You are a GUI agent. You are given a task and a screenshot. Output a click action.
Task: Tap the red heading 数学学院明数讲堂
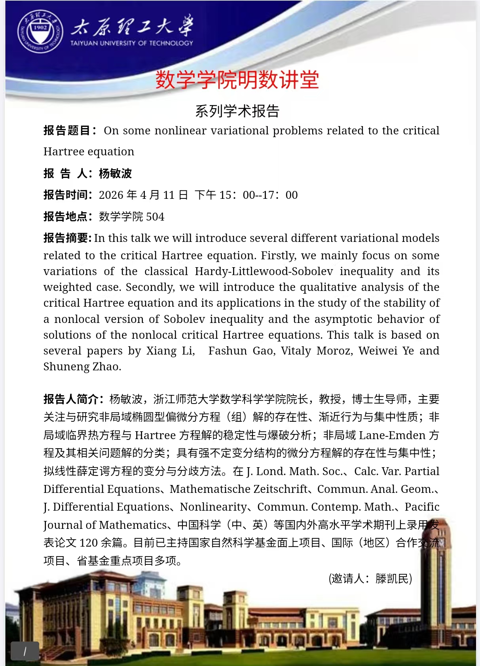point(237,80)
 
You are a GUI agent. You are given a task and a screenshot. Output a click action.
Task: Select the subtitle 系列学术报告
point(237,111)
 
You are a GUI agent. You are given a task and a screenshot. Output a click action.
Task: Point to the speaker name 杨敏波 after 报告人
point(115,173)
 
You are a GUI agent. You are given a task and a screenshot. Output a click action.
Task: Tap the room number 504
point(155,217)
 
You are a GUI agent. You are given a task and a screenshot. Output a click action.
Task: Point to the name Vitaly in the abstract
point(296,351)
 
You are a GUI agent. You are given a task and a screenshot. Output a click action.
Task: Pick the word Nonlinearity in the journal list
point(213,507)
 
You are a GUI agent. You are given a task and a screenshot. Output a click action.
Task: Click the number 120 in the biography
point(89,543)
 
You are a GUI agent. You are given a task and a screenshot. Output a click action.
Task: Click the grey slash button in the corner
point(25,651)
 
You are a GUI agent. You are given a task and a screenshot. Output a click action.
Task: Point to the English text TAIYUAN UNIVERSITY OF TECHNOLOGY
point(132,43)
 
